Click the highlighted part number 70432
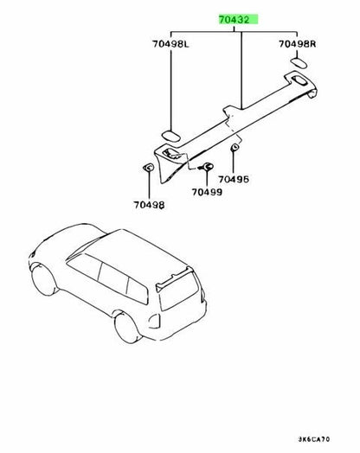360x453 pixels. pyautogui.click(x=234, y=20)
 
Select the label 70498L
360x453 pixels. pyautogui.click(x=170, y=44)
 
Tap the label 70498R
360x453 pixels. pyautogui.click(x=297, y=44)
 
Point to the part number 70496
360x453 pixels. pyautogui.click(x=234, y=180)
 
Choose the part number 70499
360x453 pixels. pyautogui.click(x=207, y=192)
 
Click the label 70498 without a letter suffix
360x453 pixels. pyautogui.click(x=149, y=205)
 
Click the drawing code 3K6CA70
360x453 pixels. pyautogui.click(x=314, y=439)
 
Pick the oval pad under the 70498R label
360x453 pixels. pyautogui.click(x=299, y=63)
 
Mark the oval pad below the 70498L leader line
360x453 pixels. pyautogui.click(x=170, y=136)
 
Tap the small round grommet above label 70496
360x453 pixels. pyautogui.click(x=235, y=148)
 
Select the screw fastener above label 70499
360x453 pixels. pyautogui.click(x=206, y=167)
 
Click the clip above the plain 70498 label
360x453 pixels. pyautogui.click(x=148, y=167)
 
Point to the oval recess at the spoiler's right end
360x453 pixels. pyautogui.click(x=300, y=80)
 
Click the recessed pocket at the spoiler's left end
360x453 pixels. pyautogui.click(x=171, y=153)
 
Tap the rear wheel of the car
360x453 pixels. pyautogui.click(x=127, y=329)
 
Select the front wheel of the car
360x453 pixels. pyautogui.click(x=44, y=281)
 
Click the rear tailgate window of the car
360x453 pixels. pyautogui.click(x=178, y=291)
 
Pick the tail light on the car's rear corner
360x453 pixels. pyautogui.click(x=155, y=321)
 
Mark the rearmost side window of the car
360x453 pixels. pyautogui.click(x=137, y=290)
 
